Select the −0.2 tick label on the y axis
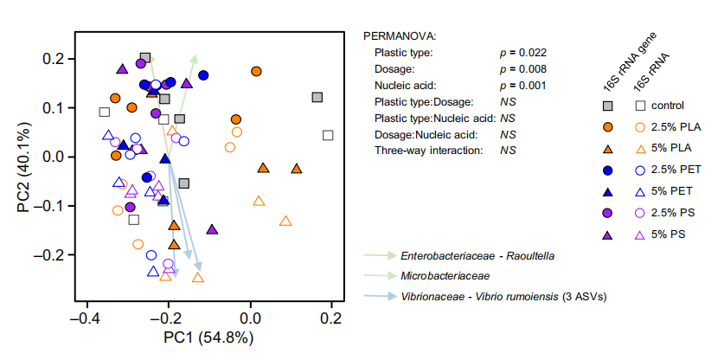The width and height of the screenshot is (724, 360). pyautogui.click(x=50, y=255)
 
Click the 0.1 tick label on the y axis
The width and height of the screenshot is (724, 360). pyautogui.click(x=54, y=108)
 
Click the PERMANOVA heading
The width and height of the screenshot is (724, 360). pyautogui.click(x=400, y=36)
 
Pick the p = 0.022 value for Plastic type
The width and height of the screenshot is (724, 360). pyautogui.click(x=523, y=52)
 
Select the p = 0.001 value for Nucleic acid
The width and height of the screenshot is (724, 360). pyautogui.click(x=523, y=85)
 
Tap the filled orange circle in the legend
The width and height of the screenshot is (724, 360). pyautogui.click(x=609, y=127)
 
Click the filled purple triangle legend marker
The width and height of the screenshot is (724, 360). pyautogui.click(x=609, y=235)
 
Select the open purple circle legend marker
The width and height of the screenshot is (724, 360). pyautogui.click(x=640, y=213)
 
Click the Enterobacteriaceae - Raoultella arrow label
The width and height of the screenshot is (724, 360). pyautogui.click(x=477, y=256)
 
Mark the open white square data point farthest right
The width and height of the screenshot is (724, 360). pyautogui.click(x=328, y=135)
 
